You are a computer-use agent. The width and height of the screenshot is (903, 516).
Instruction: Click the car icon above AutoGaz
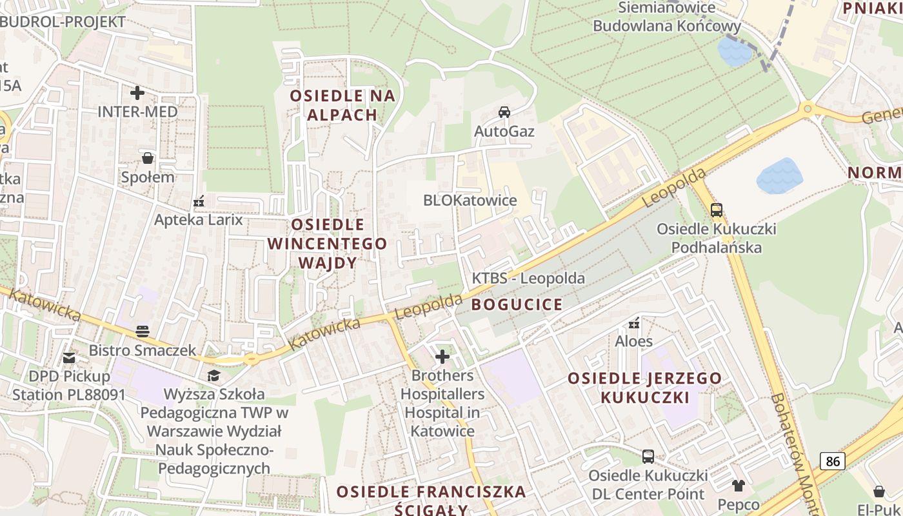pos(504,112)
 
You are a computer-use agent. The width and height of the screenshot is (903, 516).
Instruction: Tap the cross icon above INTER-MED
pos(137,92)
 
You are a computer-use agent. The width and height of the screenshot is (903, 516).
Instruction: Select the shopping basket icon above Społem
pos(148,158)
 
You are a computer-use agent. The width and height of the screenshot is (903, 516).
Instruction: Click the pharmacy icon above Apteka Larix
pos(199,201)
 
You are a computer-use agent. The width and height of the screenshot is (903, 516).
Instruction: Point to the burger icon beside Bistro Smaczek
pos(143,332)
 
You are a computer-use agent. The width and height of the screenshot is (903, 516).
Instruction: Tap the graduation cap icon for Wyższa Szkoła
pos(213,375)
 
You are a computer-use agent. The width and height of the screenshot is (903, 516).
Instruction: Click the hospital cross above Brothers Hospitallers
pos(442,356)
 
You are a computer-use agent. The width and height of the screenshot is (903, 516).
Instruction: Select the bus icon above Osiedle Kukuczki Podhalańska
pos(716,210)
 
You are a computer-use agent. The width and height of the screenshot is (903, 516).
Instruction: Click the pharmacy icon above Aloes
pos(634,322)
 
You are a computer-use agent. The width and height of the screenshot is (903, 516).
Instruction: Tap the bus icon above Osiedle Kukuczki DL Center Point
pos(648,457)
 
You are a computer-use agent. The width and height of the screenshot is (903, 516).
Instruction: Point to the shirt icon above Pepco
pos(738,485)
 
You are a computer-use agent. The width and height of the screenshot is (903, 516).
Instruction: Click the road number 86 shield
pos(833,461)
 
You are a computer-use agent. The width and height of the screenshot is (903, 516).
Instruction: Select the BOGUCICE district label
pos(517,304)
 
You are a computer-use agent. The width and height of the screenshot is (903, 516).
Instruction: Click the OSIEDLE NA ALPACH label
pos(342,105)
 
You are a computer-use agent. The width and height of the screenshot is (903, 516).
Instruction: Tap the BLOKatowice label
pos(470,201)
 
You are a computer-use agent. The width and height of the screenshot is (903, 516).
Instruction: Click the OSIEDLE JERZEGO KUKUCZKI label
pos(644,387)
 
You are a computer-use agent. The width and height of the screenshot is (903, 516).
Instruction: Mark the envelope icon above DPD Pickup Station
pos(69,357)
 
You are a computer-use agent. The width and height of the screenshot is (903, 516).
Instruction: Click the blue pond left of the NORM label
pos(779,175)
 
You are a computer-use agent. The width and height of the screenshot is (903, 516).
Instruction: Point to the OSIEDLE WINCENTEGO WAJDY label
pos(328,244)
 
